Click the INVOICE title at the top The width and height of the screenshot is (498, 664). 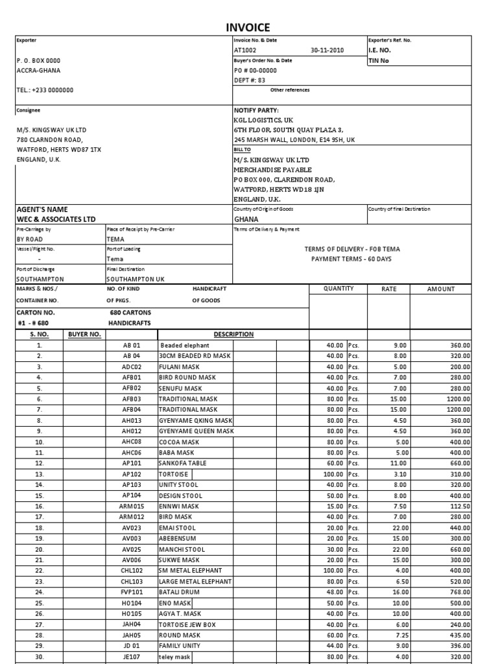(x=248, y=27)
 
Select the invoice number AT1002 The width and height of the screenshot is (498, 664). (x=245, y=50)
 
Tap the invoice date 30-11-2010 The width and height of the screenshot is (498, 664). (x=327, y=50)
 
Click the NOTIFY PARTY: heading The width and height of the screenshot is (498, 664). (x=256, y=110)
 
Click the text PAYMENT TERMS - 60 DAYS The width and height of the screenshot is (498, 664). (x=351, y=259)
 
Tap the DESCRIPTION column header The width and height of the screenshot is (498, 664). (x=233, y=335)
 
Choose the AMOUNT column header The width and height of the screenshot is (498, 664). (x=441, y=289)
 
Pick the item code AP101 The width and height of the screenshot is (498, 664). (x=132, y=464)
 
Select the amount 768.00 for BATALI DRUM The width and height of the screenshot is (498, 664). (x=458, y=592)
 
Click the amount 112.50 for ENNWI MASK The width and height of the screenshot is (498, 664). (x=458, y=506)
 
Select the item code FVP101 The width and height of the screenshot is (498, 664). (x=132, y=592)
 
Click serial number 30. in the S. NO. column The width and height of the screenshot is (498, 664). (x=40, y=656)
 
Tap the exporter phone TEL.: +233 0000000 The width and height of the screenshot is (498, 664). (x=45, y=90)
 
